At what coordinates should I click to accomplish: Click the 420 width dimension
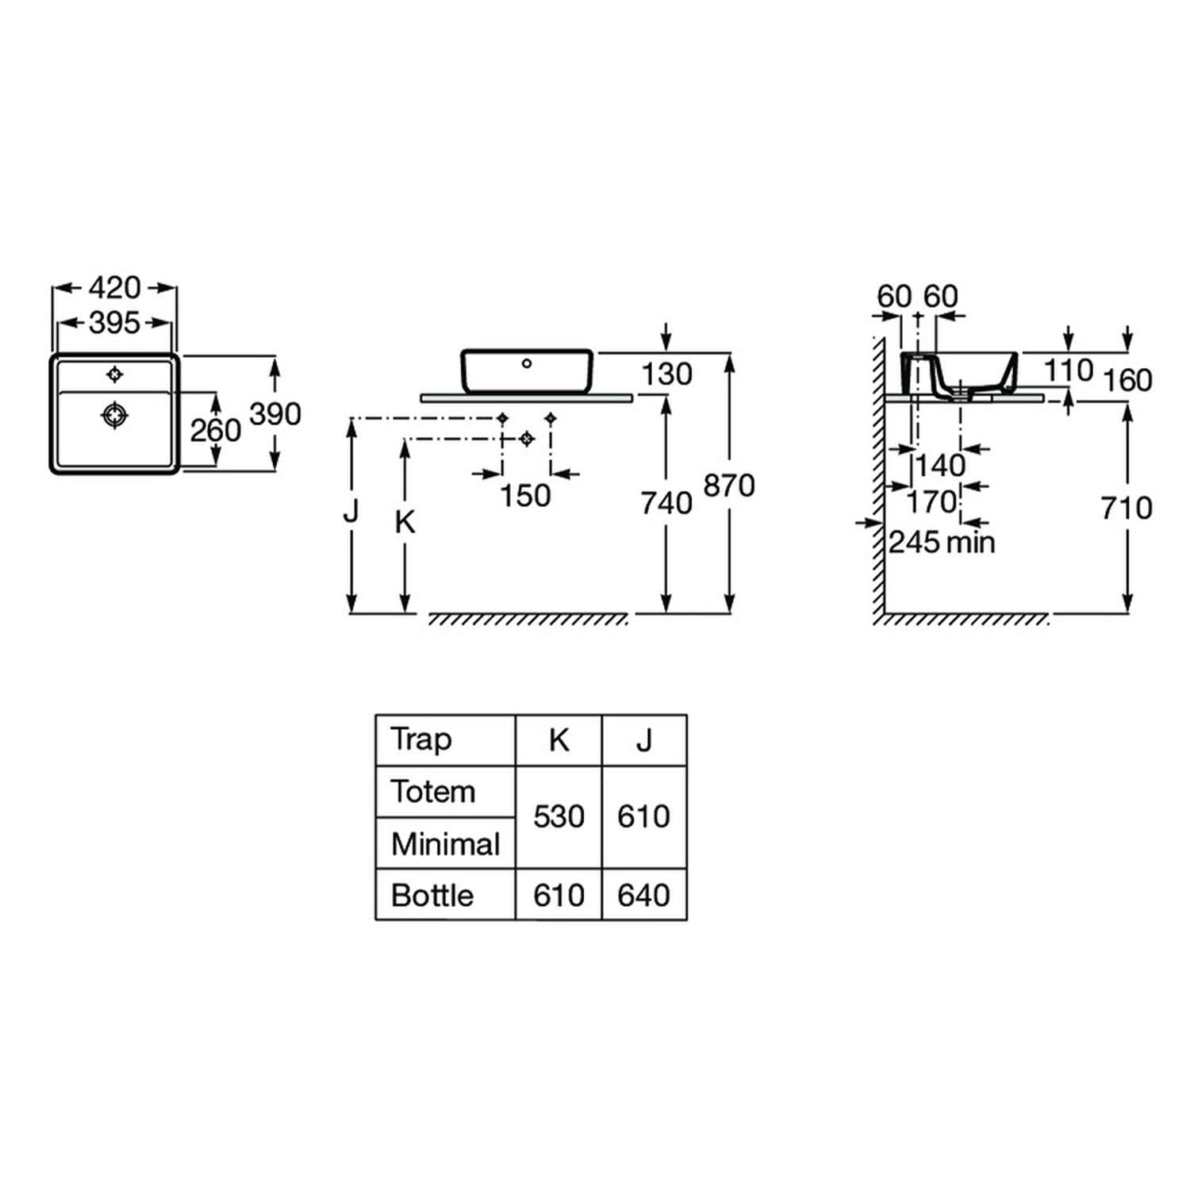(x=114, y=287)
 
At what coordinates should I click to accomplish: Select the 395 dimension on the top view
(x=114, y=323)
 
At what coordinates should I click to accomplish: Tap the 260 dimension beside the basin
(x=215, y=431)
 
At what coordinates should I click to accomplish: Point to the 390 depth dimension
(x=275, y=413)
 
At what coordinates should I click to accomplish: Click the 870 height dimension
(x=729, y=486)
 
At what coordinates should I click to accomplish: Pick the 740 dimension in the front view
(x=666, y=503)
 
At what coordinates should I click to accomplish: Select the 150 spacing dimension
(x=525, y=496)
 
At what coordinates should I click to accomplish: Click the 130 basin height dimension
(x=666, y=374)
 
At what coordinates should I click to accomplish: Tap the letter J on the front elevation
(x=351, y=512)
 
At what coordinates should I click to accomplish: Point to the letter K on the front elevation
(x=405, y=522)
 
